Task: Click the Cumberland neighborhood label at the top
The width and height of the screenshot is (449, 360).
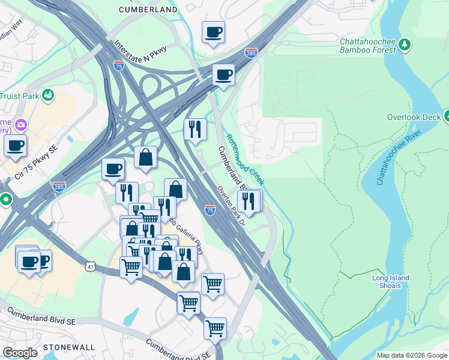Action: point(148,10)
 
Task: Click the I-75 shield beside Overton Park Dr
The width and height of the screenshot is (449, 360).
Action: point(209,209)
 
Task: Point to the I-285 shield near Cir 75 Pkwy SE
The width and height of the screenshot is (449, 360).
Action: point(59,187)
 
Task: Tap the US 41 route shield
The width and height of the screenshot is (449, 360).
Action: point(90,265)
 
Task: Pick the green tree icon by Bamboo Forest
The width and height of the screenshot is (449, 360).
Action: point(405,44)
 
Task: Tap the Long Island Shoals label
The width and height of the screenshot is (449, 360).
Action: point(390,281)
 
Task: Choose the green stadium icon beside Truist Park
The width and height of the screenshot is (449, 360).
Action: point(48,94)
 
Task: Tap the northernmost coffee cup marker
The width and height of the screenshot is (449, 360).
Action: point(212,32)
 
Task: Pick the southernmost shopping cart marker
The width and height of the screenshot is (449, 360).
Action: point(214,328)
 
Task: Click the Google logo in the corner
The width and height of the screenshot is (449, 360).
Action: point(20,353)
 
